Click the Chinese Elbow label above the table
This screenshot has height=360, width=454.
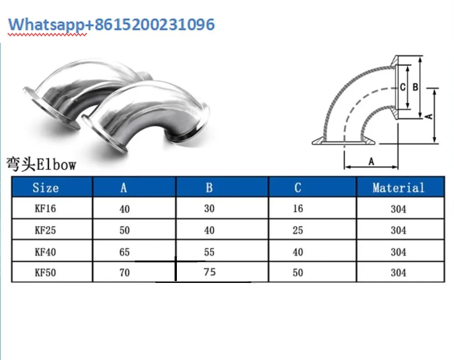(41, 164)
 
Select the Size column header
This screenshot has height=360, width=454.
(46, 188)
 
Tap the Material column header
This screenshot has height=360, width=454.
(398, 188)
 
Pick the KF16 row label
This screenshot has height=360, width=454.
(46, 209)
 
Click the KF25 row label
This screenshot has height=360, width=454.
(46, 230)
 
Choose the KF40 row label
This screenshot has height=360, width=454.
(46, 252)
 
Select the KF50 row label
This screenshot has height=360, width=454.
(46, 273)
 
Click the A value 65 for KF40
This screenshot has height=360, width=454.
(124, 252)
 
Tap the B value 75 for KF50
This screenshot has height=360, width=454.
(210, 272)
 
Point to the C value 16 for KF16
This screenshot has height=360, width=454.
(298, 209)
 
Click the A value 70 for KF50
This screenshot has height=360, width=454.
(124, 273)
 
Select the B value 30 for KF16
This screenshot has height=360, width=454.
(209, 209)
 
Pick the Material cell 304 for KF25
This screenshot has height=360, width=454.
(398, 230)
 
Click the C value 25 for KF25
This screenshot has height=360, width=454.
(298, 230)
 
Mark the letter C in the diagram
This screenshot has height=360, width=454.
(402, 87)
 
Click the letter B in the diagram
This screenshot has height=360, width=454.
(415, 87)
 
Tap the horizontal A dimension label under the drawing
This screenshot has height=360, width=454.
(371, 162)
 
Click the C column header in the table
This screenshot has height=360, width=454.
(298, 188)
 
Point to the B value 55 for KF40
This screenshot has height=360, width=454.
(209, 252)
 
